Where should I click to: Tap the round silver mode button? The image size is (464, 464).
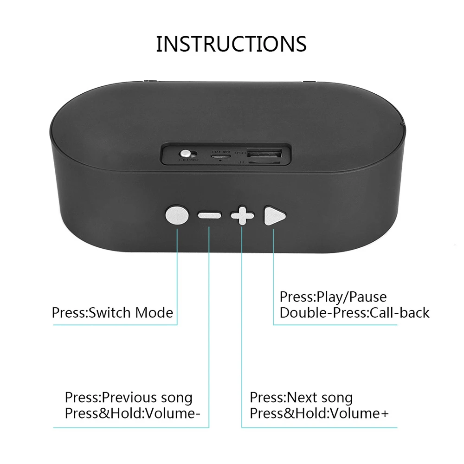177,216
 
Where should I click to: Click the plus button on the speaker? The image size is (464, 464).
242,216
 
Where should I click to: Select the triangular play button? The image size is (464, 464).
274,216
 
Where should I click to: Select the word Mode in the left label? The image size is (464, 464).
154,312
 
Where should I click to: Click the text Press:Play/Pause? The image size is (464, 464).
333,297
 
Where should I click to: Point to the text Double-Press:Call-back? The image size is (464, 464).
354,312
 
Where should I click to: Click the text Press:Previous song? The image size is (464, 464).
128,398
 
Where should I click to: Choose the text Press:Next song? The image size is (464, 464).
301,398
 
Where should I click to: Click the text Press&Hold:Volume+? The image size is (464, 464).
319,413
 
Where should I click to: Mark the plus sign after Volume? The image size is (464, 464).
384,413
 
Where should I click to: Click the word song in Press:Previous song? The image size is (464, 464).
176,398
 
